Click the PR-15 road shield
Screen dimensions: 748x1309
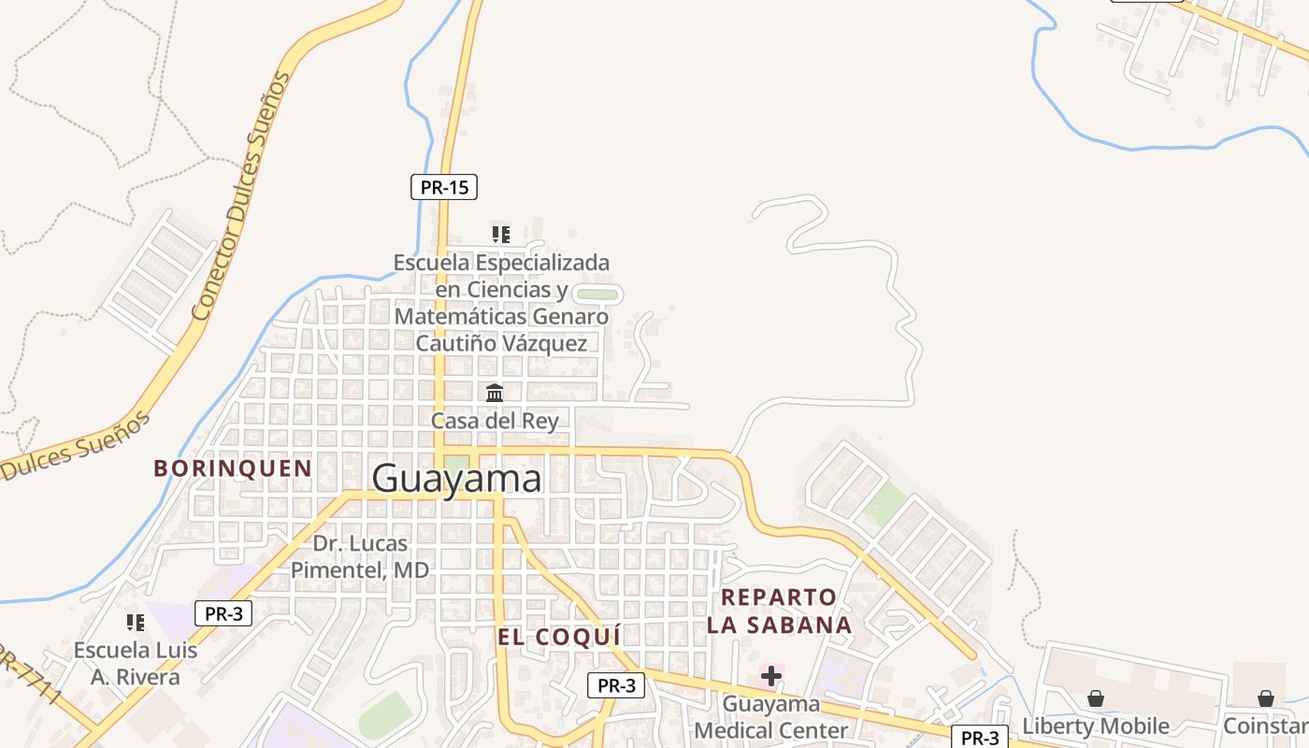(x=444, y=187)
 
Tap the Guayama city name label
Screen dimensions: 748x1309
(x=456, y=479)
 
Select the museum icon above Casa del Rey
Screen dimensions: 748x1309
(x=495, y=393)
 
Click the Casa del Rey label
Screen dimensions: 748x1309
(x=495, y=421)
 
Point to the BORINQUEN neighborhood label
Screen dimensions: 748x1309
(x=233, y=468)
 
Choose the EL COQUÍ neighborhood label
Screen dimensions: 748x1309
(x=559, y=638)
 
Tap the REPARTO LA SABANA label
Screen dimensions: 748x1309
(x=779, y=611)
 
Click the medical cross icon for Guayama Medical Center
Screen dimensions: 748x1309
(x=771, y=675)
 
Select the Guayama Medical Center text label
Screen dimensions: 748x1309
(x=771, y=716)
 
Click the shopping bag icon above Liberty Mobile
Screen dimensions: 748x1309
(x=1095, y=698)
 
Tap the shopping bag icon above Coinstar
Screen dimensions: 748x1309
(x=1265, y=698)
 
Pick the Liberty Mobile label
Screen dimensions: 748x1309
(x=1095, y=726)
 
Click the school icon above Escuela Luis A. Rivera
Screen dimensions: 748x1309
(x=136, y=622)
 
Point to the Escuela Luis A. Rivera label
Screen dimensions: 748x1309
(x=136, y=663)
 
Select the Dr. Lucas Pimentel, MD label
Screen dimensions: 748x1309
(x=360, y=556)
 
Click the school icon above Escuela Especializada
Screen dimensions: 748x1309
(x=501, y=234)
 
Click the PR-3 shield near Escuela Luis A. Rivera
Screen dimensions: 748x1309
(x=223, y=614)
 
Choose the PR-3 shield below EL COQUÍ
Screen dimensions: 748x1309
(x=616, y=685)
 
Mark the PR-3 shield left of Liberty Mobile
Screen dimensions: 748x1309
(x=980, y=738)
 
